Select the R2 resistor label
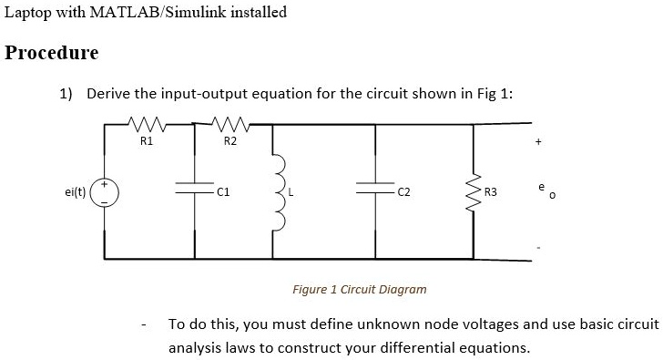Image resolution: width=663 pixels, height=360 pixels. click(229, 141)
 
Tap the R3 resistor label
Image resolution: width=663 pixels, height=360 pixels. click(491, 192)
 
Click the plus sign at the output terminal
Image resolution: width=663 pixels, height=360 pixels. click(538, 142)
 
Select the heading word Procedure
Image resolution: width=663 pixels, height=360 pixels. click(52, 53)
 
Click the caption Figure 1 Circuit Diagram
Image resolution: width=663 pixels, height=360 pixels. click(359, 289)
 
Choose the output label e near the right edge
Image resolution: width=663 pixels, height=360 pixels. click(540, 186)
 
